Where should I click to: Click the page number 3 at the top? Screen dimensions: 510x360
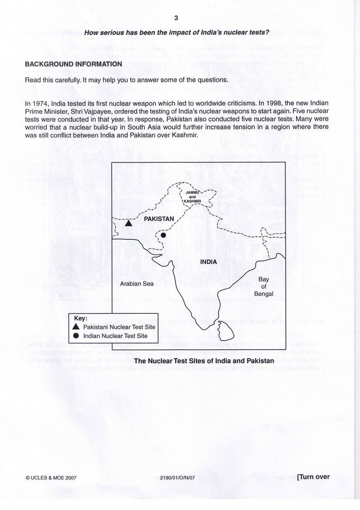[176, 18]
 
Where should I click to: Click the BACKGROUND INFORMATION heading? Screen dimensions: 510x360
[73, 64]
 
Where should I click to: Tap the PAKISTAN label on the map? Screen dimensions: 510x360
[159, 219]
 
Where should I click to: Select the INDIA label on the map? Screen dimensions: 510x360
[208, 261]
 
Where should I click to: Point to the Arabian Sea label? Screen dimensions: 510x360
[137, 284]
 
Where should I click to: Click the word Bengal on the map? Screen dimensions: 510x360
[263, 294]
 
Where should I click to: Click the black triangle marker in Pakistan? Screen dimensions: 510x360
[128, 223]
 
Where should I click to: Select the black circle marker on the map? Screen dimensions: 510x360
[163, 235]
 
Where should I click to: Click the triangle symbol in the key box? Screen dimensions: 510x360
[76, 327]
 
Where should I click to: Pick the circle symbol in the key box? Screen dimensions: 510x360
[76, 336]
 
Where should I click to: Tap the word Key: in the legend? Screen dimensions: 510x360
[81, 318]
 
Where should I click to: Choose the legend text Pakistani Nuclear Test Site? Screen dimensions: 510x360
[119, 327]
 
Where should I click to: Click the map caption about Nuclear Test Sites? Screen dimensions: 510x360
[204, 360]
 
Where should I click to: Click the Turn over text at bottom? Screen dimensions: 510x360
[313, 477]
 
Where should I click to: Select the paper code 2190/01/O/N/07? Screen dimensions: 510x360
[177, 477]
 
